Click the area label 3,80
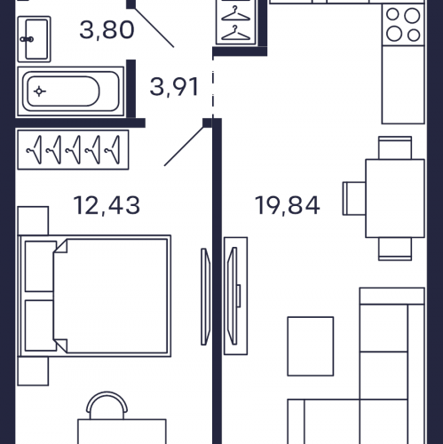coord(107,30)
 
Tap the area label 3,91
coord(174,87)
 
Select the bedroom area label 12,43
coord(107,205)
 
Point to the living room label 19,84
coord(287,205)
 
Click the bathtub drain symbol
coord(39,91)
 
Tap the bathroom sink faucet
coord(27,39)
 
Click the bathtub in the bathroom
coord(70,91)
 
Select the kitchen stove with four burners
coord(403,25)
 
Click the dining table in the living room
coord(395,198)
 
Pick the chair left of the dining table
coord(354,198)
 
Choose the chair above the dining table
coord(395,147)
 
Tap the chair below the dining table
coord(395,249)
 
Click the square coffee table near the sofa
coord(311,346)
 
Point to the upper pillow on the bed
coord(41,266)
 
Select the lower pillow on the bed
coord(41,326)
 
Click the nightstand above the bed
coord(33,221)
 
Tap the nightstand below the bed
coord(33,371)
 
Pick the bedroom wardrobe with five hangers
coord(73,150)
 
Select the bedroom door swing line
coord(184,147)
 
